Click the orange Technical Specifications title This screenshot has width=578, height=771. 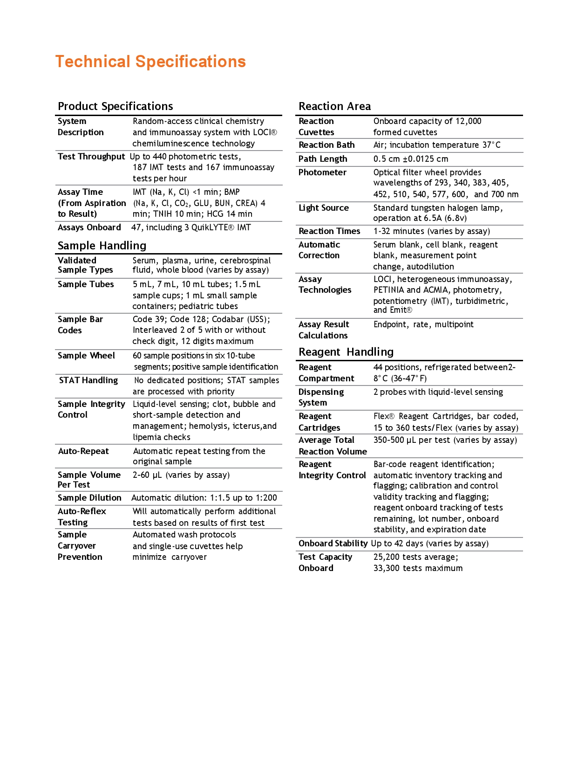click(150, 62)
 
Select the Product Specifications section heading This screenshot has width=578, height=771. click(115, 106)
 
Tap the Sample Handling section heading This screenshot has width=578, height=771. click(102, 246)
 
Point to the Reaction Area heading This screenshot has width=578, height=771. click(334, 106)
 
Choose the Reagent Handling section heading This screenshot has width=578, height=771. click(346, 352)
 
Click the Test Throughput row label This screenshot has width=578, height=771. click(91, 157)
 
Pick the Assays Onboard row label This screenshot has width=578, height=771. click(89, 227)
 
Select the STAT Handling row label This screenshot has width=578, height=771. click(88, 380)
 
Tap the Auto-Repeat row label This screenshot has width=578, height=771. click(83, 451)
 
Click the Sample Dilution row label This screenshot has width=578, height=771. click(89, 498)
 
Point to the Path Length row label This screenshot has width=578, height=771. click(323, 159)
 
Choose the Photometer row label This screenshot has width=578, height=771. click(322, 172)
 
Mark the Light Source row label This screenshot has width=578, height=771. click(324, 208)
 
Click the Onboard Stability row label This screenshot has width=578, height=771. click(333, 544)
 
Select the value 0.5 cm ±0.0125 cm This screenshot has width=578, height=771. click(411, 159)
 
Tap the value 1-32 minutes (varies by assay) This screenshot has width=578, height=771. click(432, 231)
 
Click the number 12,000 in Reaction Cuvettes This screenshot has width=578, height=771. click(468, 121)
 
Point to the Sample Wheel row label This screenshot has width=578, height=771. click(86, 356)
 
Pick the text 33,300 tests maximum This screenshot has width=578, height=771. click(418, 568)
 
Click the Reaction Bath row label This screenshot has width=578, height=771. click(326, 145)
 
